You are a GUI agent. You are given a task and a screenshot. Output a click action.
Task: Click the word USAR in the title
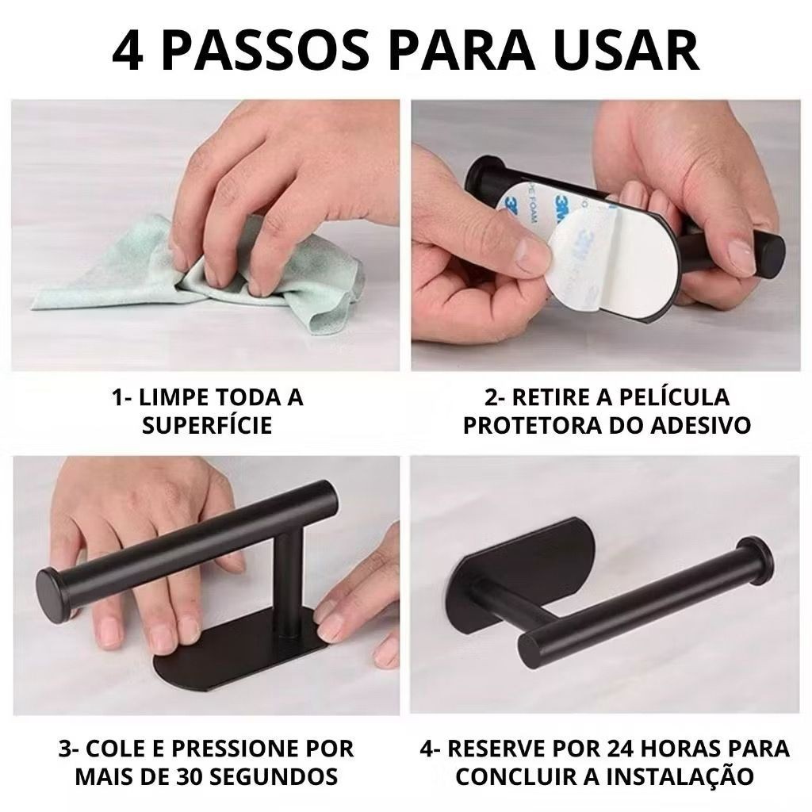[628, 52]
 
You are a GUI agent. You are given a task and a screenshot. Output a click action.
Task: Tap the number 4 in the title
[128, 52]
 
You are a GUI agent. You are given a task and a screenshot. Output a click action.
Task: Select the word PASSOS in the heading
[266, 52]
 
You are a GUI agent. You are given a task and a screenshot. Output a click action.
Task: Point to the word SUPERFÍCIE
[207, 426]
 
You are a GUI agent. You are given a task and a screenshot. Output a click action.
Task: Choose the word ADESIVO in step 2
[701, 426]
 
